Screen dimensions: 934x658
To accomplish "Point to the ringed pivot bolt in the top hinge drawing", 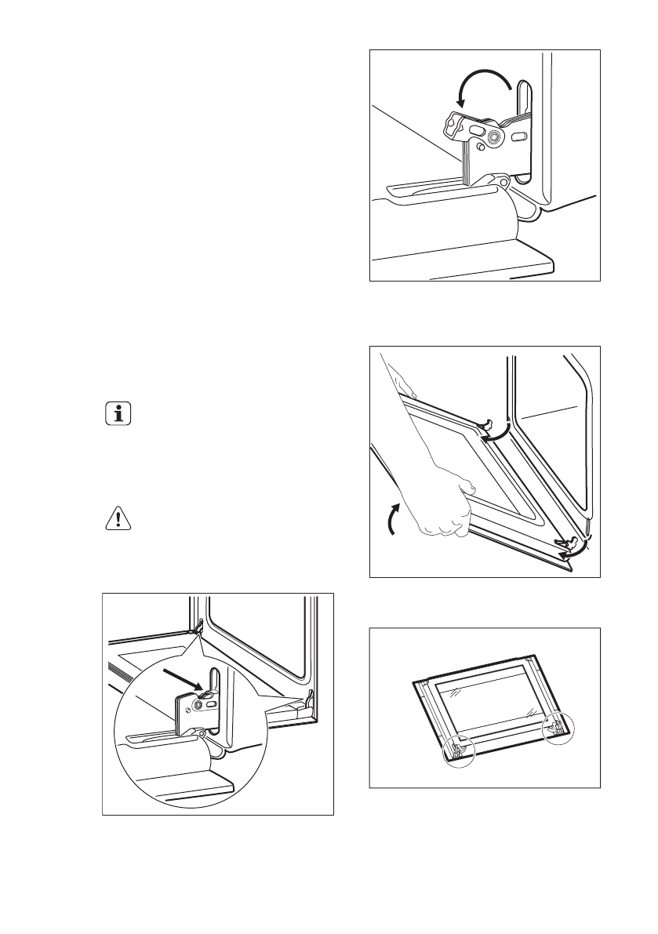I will pos(495,138).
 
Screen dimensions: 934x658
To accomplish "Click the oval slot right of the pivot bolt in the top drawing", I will pos(518,136).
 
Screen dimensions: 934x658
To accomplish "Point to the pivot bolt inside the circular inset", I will pos(198,704).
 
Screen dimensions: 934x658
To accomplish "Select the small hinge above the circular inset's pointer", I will pos(198,626).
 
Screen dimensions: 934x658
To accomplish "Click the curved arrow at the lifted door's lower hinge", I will pos(573,552).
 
